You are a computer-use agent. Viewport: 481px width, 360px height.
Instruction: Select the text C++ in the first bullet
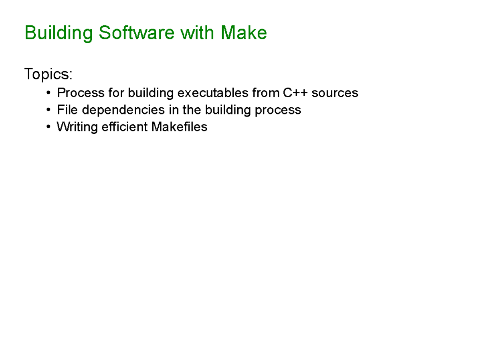(296, 93)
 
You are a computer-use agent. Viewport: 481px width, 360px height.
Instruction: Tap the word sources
(335, 93)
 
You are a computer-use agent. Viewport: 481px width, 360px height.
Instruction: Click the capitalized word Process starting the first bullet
(81, 93)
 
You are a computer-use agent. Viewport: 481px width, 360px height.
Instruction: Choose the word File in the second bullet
(67, 110)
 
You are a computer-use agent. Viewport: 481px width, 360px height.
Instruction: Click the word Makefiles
(180, 127)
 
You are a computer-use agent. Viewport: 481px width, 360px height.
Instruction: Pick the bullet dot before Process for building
(48, 93)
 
